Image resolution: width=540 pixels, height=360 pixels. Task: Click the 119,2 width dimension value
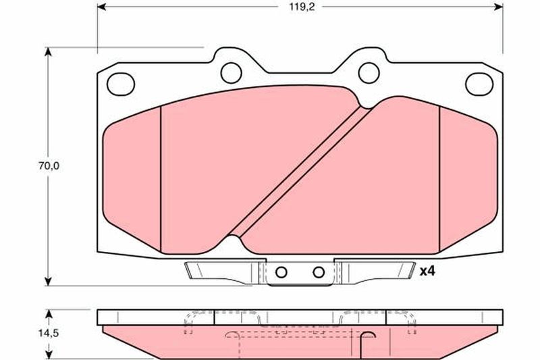[x=301, y=7]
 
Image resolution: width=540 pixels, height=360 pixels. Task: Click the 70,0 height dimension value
[x=49, y=166]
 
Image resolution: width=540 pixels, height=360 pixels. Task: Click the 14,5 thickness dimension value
[x=49, y=333]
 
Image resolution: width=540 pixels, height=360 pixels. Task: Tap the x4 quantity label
[x=427, y=272]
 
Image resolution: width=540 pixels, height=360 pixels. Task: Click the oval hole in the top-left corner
[x=121, y=84]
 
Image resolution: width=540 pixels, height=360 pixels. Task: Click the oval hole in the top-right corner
[x=479, y=84]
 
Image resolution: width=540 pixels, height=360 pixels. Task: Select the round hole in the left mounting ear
[x=231, y=73]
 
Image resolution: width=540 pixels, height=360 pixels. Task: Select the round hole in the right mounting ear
[x=369, y=73]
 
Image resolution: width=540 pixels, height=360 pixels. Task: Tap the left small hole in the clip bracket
[x=281, y=272]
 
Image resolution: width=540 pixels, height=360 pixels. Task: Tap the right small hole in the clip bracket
[x=319, y=272]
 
